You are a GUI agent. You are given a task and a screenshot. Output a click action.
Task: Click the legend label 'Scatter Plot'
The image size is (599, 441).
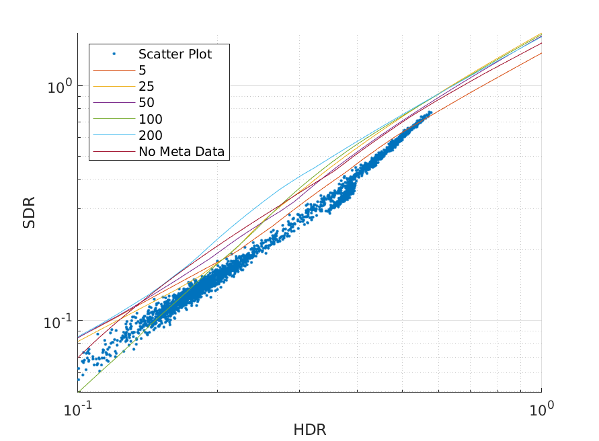(175, 54)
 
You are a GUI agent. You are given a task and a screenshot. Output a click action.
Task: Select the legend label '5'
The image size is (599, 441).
(143, 70)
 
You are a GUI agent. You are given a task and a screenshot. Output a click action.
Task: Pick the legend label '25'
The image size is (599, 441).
(146, 86)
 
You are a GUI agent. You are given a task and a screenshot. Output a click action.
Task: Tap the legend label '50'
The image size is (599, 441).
(146, 103)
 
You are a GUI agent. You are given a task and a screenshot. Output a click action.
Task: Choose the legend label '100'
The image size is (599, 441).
(150, 119)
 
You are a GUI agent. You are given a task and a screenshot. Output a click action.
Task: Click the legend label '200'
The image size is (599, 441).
(150, 136)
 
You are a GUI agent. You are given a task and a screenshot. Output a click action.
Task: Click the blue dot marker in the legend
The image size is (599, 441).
(114, 54)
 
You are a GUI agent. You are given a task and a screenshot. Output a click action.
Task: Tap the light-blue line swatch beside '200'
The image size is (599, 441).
(114, 136)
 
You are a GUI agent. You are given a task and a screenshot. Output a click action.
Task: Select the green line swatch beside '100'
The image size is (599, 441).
(114, 119)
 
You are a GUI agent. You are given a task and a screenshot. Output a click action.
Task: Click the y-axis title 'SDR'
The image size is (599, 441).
(29, 212)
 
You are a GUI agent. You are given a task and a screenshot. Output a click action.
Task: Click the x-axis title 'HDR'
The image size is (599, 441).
(309, 430)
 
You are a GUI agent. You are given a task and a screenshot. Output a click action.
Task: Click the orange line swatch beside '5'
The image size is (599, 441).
(114, 70)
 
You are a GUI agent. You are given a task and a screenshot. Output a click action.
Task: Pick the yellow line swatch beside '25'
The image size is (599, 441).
(114, 86)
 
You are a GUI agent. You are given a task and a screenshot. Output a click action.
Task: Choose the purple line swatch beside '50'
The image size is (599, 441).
(114, 103)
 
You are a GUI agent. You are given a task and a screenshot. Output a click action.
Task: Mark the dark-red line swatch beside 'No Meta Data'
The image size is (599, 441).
(114, 152)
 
